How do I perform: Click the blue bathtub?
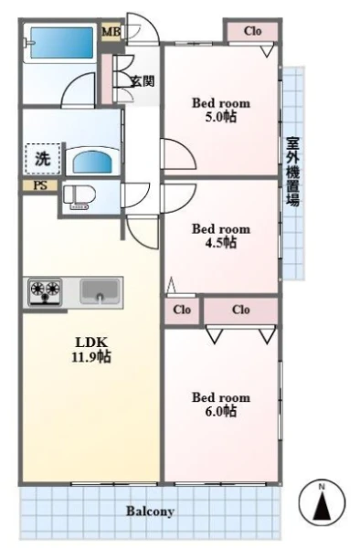coord(62,43)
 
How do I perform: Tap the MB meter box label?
coord(111,32)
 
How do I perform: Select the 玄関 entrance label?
coord(143,81)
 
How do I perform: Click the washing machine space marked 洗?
coord(43,159)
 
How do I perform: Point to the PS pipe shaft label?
coord(40,185)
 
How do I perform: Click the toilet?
coord(79,198)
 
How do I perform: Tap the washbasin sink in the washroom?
coord(92,162)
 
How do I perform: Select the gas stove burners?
coord(45,290)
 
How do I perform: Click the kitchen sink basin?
coord(100,290)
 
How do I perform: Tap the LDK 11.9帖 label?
coord(91,350)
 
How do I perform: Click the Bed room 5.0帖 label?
coord(221,110)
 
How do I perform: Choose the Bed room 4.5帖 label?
coord(221,236)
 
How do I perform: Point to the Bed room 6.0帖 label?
coord(221,404)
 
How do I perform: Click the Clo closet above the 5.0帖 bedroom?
coord(252,31)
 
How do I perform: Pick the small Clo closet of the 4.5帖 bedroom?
coord(182,310)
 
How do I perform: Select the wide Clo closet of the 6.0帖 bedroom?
coord(241,310)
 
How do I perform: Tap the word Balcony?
coord(150,511)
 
